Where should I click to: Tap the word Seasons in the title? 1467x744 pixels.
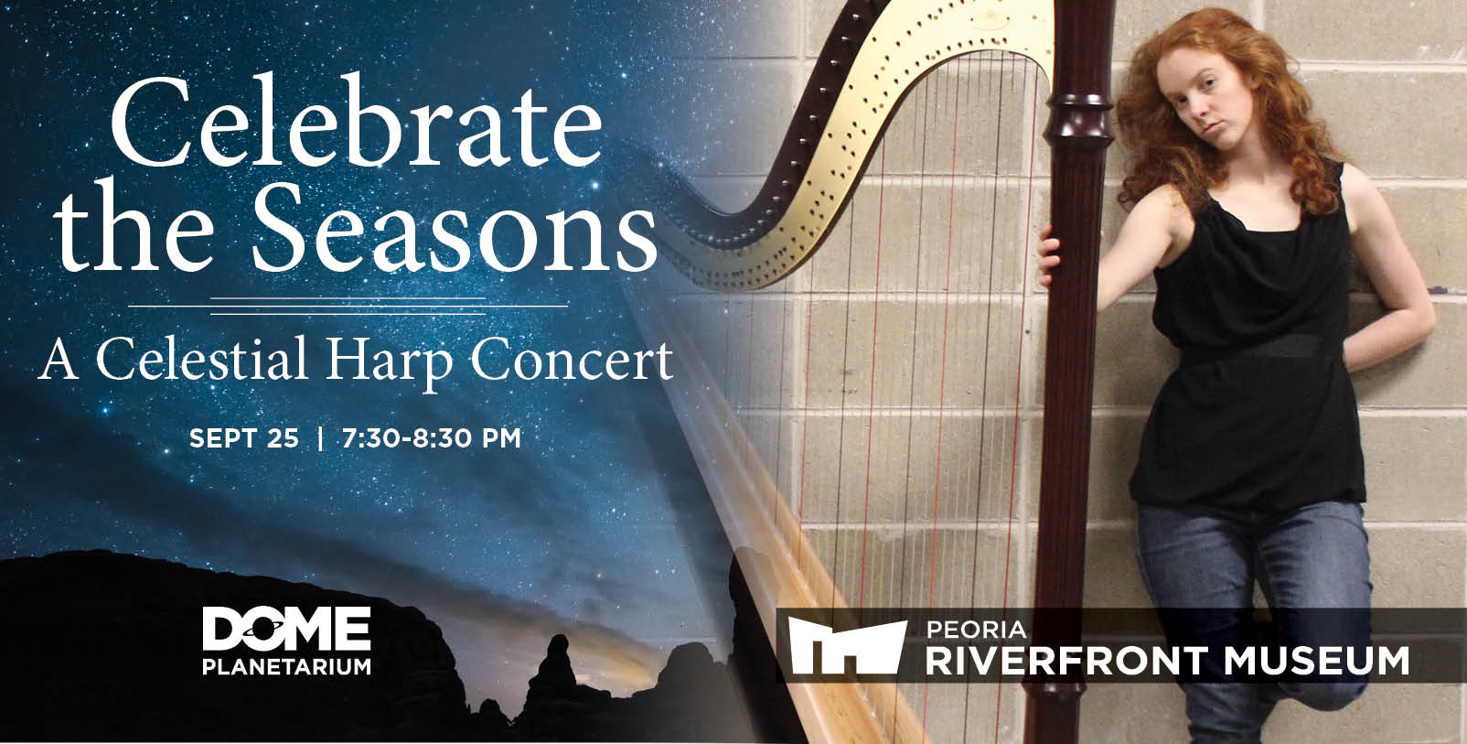(454, 225)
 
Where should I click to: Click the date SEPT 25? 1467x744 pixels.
(243, 437)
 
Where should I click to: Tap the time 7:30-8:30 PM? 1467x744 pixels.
(432, 437)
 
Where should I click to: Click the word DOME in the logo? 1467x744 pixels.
(286, 629)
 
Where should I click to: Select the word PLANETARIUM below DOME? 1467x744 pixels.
(286, 666)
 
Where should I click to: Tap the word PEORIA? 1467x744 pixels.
(977, 630)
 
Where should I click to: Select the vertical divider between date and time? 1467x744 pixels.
(320, 437)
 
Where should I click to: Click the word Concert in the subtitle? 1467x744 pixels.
(572, 360)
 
